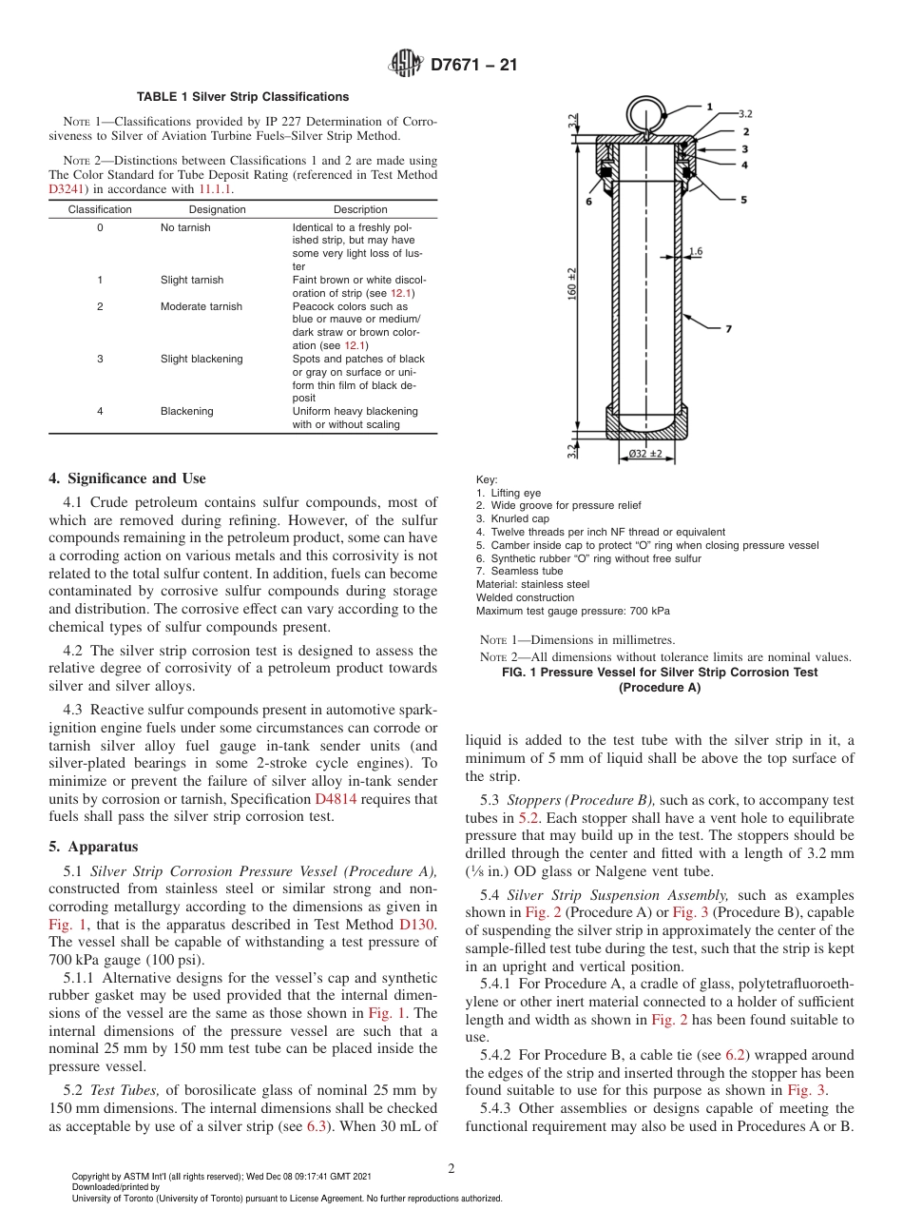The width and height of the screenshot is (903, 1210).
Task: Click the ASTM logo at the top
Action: (406, 65)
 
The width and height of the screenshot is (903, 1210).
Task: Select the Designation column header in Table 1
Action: (217, 209)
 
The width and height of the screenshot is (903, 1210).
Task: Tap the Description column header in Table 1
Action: (360, 209)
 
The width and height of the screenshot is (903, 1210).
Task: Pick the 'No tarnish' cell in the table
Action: (185, 228)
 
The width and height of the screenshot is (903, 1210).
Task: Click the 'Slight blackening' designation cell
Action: (202, 359)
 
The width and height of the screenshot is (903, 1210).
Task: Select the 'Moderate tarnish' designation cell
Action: (201, 306)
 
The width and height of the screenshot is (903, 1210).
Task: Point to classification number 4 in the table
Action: (100, 411)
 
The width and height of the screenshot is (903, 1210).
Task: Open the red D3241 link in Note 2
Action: (66, 188)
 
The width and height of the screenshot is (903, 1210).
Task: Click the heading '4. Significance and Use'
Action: (127, 478)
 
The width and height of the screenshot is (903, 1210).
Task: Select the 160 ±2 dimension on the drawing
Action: (572, 285)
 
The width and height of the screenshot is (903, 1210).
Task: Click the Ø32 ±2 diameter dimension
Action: (645, 454)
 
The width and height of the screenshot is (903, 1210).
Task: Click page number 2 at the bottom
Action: (451, 1168)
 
